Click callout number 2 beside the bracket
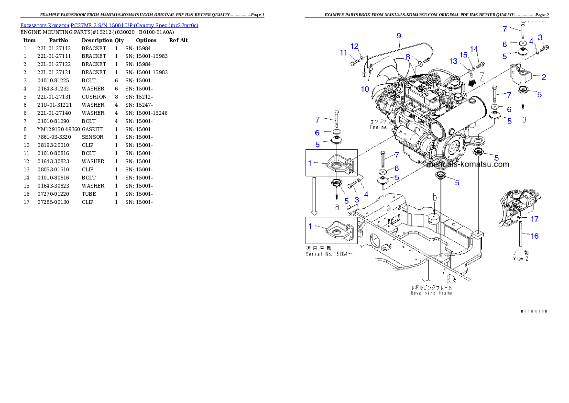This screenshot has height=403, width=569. point(543,77)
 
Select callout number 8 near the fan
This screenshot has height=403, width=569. point(408,56)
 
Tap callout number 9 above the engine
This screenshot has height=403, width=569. point(399,35)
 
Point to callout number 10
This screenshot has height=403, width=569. point(365,89)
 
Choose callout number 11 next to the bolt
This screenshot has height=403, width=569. point(343,53)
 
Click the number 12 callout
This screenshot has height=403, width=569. point(354,46)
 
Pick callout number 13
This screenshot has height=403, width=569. point(453,61)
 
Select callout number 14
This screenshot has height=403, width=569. point(474,49)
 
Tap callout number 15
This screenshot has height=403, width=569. point(463,55)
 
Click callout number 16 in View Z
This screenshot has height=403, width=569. point(535,235)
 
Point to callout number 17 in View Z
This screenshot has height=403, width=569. point(535,219)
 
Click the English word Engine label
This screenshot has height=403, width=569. point(378,127)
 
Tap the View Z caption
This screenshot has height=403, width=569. point(520,258)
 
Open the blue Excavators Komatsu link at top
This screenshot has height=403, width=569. point(109,25)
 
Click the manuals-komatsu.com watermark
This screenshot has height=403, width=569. point(468,164)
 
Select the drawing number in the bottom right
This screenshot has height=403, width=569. point(534,311)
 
